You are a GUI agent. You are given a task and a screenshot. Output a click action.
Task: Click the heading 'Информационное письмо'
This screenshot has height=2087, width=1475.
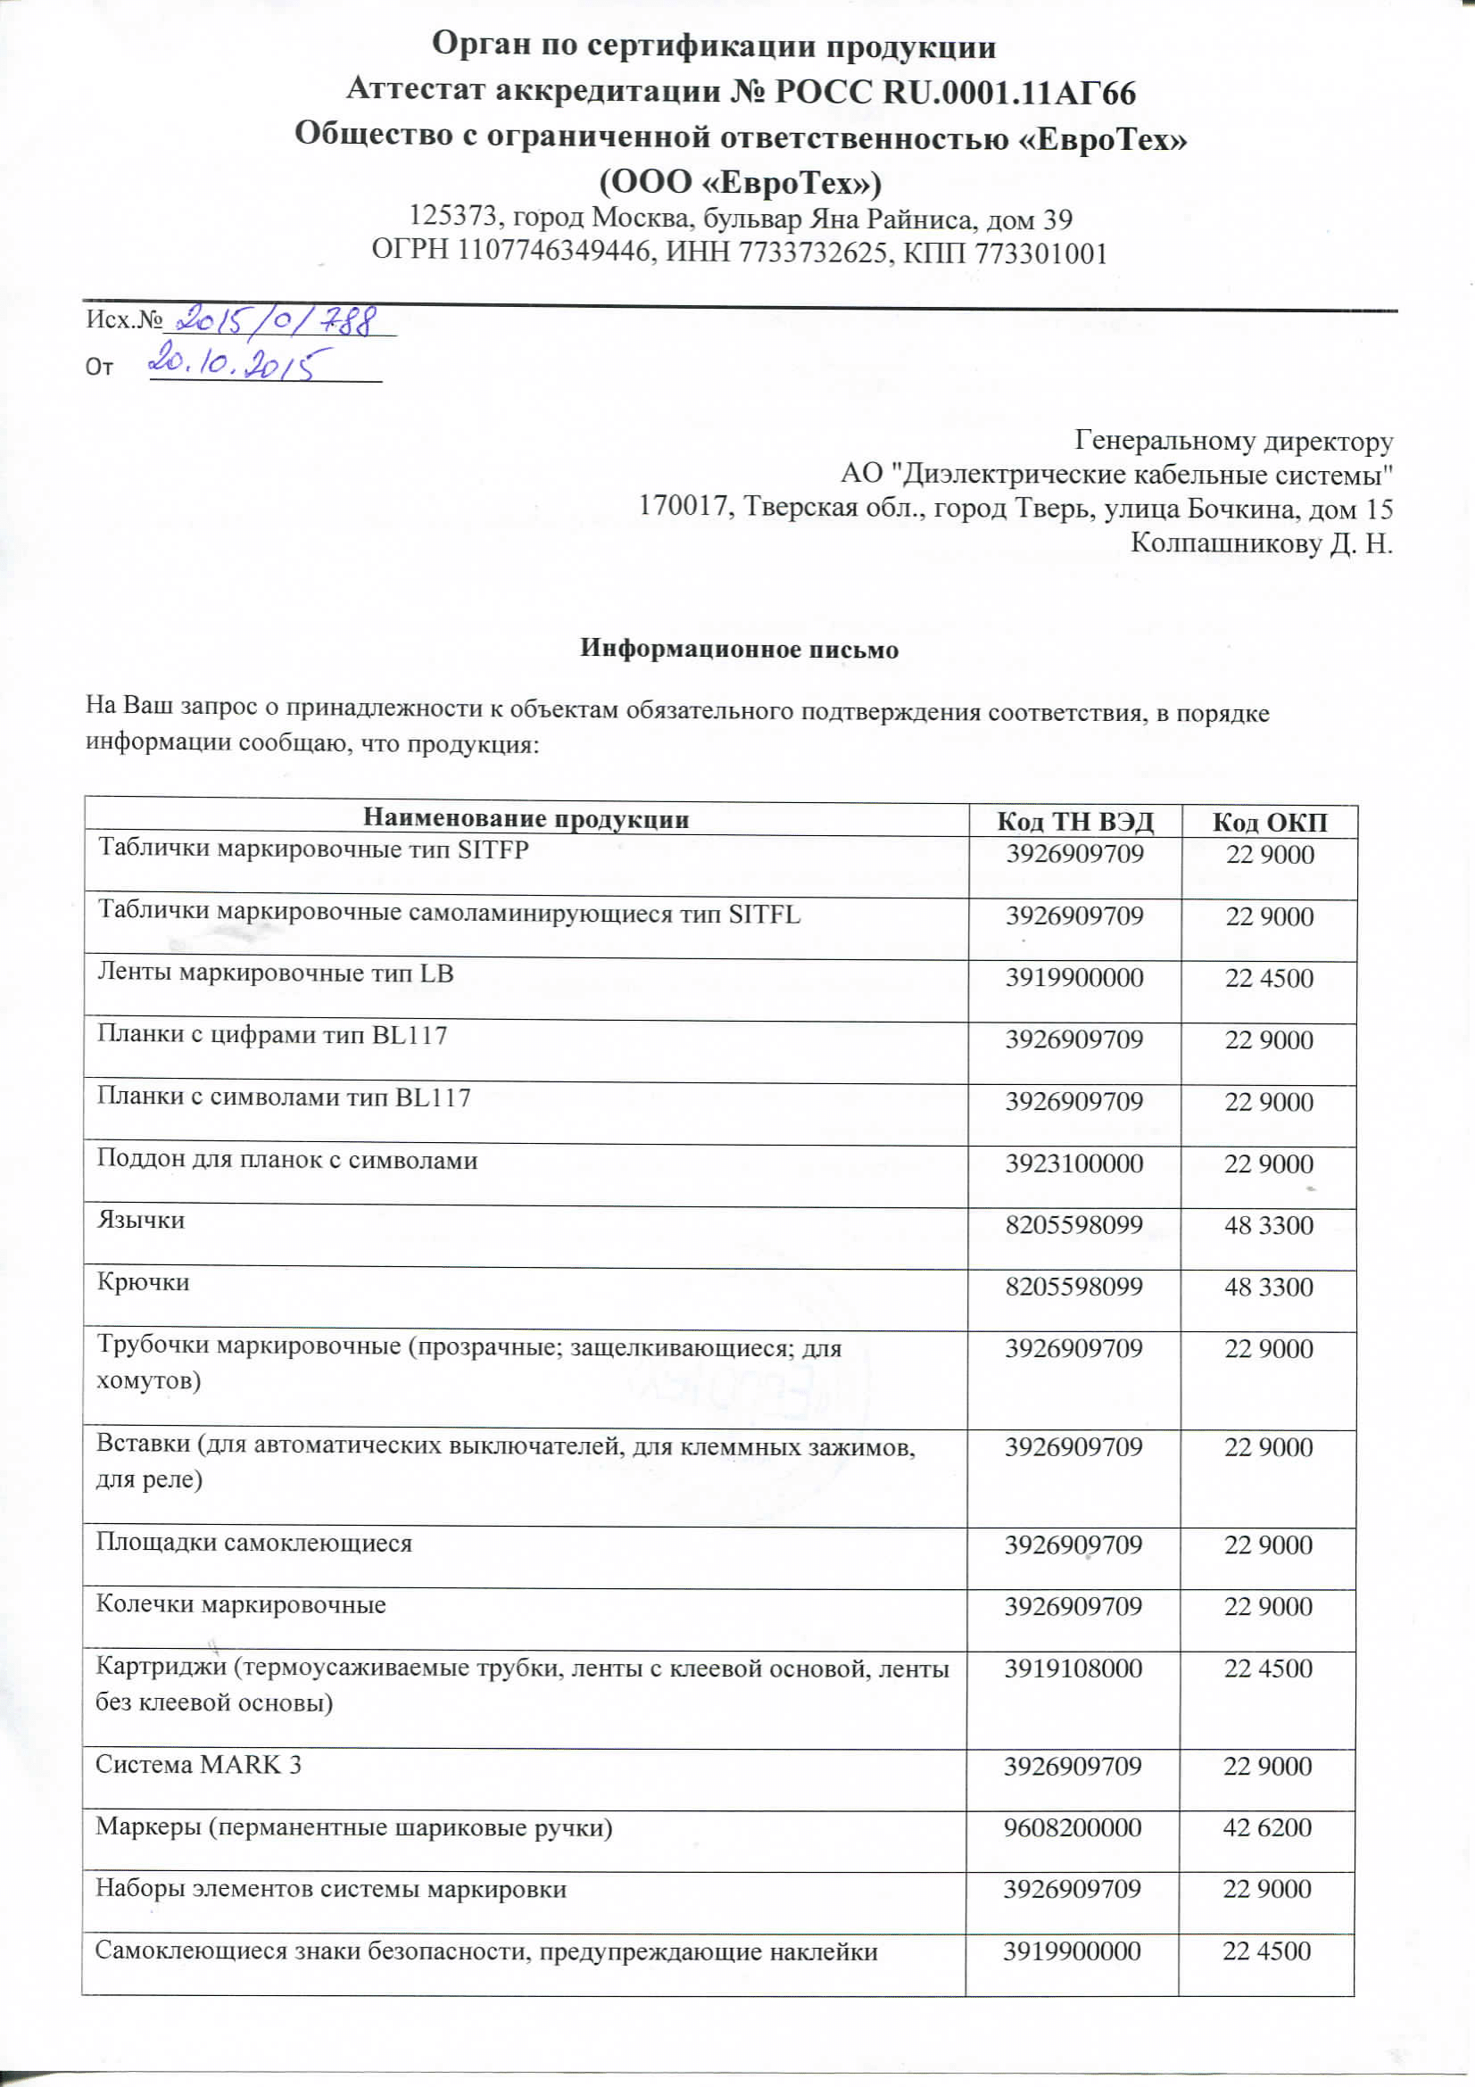pyautogui.click(x=739, y=649)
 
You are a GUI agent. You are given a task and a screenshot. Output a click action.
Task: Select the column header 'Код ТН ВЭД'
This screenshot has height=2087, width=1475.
pyautogui.click(x=1074, y=822)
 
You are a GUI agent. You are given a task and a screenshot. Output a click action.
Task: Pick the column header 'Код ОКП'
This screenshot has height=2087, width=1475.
pyautogui.click(x=1270, y=823)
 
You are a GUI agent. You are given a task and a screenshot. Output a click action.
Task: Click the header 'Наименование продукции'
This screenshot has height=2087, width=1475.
pyautogui.click(x=526, y=819)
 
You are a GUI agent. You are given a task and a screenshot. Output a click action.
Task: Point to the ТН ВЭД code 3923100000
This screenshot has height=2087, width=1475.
pyautogui.click(x=1073, y=1164)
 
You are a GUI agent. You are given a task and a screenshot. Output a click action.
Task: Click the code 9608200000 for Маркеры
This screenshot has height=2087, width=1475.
pyautogui.click(x=1073, y=1827)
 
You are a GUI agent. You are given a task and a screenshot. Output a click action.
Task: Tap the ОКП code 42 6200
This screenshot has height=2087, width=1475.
pyautogui.click(x=1267, y=1827)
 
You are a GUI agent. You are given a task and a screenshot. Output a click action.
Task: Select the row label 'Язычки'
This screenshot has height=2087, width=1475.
pyautogui.click(x=141, y=1220)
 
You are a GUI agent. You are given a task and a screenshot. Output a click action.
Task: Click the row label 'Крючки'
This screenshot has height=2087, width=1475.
pyautogui.click(x=143, y=1282)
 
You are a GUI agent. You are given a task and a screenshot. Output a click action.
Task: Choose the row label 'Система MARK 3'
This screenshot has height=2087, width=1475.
pyautogui.click(x=198, y=1764)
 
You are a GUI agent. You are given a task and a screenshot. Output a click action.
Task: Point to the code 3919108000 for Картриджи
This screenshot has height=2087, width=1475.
pyautogui.click(x=1073, y=1668)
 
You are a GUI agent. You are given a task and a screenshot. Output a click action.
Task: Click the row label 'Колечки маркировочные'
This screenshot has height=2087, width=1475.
pyautogui.click(x=241, y=1604)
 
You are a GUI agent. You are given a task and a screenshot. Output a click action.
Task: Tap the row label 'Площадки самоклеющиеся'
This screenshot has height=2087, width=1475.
pyautogui.click(x=253, y=1543)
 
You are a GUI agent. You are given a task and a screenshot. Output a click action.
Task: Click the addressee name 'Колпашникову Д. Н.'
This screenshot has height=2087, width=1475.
pyautogui.click(x=1261, y=542)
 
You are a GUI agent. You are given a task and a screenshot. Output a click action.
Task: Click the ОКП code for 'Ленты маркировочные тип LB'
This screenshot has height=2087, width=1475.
pyautogui.click(x=1269, y=978)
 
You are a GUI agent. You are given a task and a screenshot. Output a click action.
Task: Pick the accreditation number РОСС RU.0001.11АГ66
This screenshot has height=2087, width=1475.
pyautogui.click(x=954, y=92)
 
